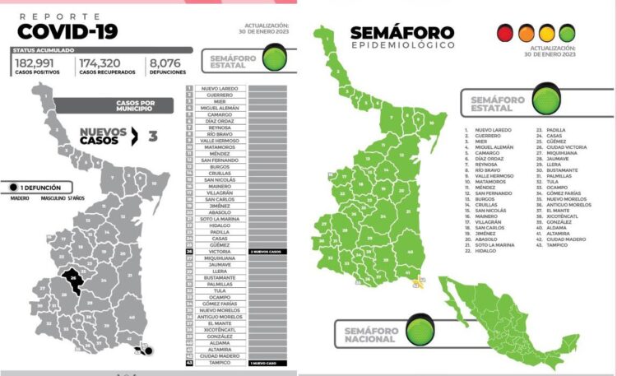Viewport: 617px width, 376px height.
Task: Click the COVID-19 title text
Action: pyautogui.click(x=67, y=31)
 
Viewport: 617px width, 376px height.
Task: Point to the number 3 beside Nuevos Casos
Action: pyautogui.click(x=152, y=135)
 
